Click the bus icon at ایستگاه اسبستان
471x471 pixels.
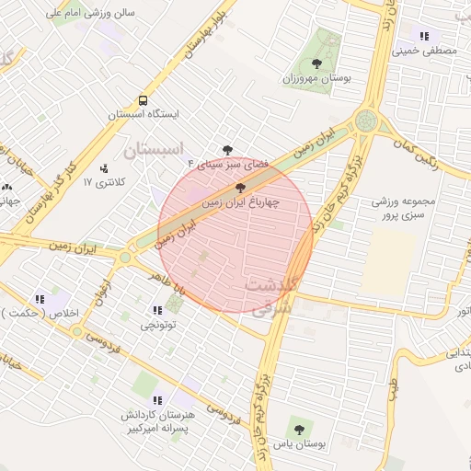143,100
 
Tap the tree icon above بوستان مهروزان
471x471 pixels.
316,63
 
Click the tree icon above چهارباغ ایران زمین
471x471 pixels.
241,186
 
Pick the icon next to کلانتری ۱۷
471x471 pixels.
103,168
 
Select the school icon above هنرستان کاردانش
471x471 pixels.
156,400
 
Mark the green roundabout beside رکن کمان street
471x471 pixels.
367,121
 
